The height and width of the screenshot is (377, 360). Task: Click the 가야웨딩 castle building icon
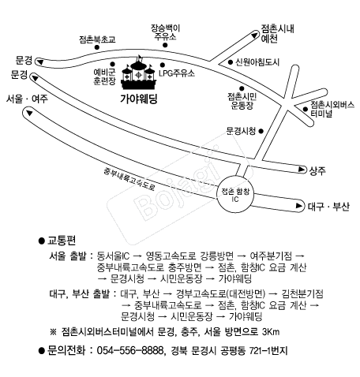138,73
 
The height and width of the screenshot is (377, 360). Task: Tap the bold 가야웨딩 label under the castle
139,99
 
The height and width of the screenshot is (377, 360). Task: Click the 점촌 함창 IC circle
235,194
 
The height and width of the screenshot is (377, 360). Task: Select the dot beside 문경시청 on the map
261,131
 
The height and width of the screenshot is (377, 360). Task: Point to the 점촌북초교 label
97,39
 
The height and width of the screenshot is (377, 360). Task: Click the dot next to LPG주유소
163,65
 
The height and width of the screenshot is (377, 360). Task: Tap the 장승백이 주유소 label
165,32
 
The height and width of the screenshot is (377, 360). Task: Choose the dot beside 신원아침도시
231,62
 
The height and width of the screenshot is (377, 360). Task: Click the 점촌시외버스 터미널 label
332,109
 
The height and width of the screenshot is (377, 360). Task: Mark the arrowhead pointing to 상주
302,170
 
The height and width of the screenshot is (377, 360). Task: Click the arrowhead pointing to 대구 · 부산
299,206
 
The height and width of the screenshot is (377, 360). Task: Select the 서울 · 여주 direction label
27,99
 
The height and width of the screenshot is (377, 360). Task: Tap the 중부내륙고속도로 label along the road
129,179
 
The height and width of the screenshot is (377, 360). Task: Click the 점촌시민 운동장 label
242,101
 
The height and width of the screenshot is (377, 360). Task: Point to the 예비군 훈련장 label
104,77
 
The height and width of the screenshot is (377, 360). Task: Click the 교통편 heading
62,241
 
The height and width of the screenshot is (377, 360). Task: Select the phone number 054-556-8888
130,351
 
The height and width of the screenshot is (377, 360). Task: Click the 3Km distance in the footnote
271,332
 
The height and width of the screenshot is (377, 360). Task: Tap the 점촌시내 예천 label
277,33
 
